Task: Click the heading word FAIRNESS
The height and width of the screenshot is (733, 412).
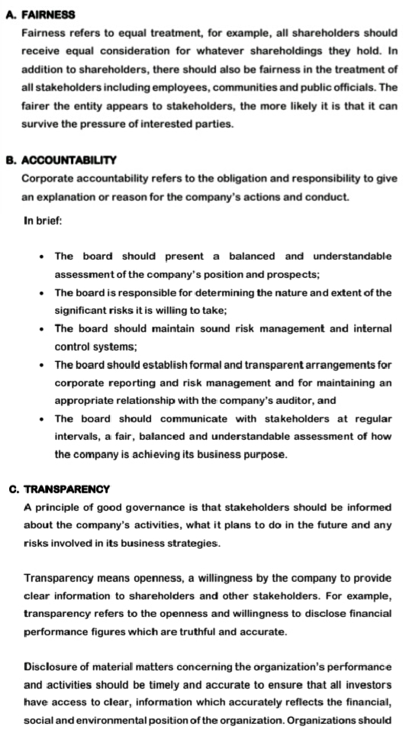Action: (49, 15)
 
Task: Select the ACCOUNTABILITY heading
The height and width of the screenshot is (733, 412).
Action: (69, 160)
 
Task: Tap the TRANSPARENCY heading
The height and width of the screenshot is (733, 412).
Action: (67, 489)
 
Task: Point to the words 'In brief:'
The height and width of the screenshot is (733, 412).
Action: (43, 221)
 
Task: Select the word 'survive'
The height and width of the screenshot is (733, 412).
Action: (43, 124)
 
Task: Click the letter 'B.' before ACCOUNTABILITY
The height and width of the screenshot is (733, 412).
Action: (11, 160)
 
